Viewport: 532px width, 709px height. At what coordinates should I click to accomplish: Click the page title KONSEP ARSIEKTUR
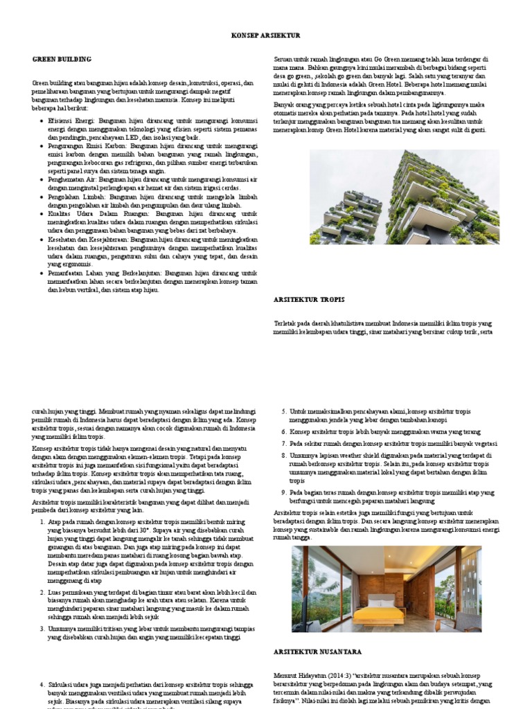(x=265, y=35)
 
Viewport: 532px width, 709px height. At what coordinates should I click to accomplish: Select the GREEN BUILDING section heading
(x=62, y=60)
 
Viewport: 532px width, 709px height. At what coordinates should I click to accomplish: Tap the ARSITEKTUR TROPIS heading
(x=310, y=299)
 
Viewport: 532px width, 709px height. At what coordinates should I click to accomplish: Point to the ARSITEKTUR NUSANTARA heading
(x=317, y=652)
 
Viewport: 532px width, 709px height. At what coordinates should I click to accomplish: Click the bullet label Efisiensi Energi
(x=71, y=120)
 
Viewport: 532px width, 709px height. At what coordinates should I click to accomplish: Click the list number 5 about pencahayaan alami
(x=283, y=411)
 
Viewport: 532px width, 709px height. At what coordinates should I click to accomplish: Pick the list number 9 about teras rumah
(x=283, y=492)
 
